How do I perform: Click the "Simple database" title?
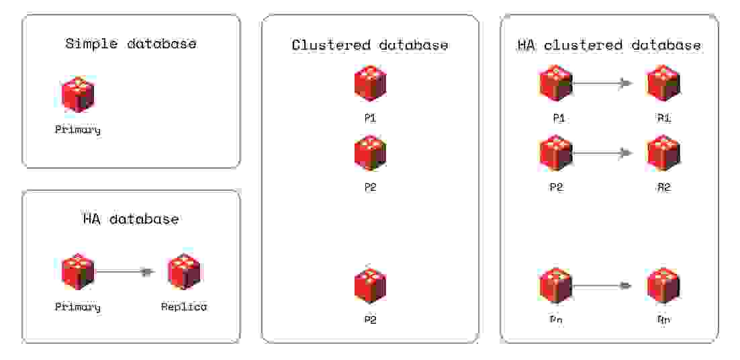tap(131, 44)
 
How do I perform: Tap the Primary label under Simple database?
tap(78, 130)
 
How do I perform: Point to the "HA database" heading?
tap(131, 219)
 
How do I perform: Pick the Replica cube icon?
tap(184, 272)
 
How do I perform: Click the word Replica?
tap(184, 307)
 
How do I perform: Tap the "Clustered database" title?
tap(370, 46)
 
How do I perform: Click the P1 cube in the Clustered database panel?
tap(370, 84)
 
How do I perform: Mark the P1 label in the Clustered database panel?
tap(370, 118)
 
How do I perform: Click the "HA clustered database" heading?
tap(609, 46)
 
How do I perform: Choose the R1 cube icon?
tap(663, 84)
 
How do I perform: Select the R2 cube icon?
tap(663, 153)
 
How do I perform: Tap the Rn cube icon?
tap(663, 285)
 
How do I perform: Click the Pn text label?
tap(556, 320)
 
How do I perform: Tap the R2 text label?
tap(663, 187)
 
